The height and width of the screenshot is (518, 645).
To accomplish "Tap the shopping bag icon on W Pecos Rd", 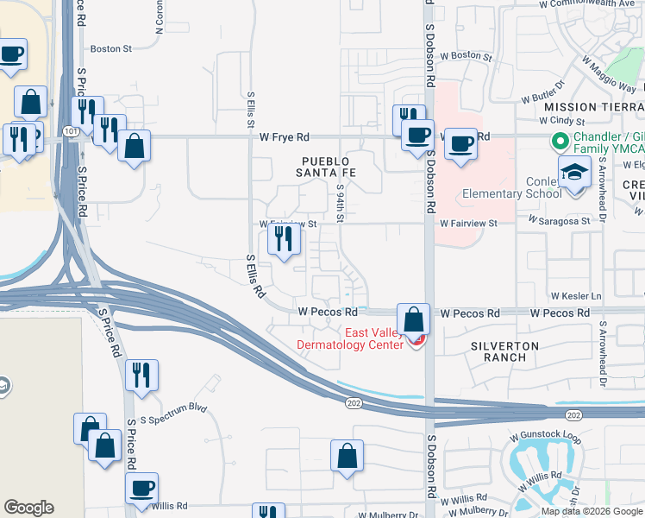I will click(414, 319).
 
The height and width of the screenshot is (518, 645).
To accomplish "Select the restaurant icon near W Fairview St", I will click(284, 241).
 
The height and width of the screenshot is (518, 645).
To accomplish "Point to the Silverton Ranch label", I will click(504, 351).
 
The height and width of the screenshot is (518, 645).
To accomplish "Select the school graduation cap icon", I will click(574, 172).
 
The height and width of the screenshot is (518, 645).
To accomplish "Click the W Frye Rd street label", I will click(284, 137).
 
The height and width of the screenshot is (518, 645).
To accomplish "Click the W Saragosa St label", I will click(565, 220).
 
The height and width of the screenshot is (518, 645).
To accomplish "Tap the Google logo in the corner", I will click(28, 508).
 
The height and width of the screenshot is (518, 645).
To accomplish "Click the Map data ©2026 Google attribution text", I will click(591, 511).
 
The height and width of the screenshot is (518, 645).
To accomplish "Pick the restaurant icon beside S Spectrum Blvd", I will click(141, 376).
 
